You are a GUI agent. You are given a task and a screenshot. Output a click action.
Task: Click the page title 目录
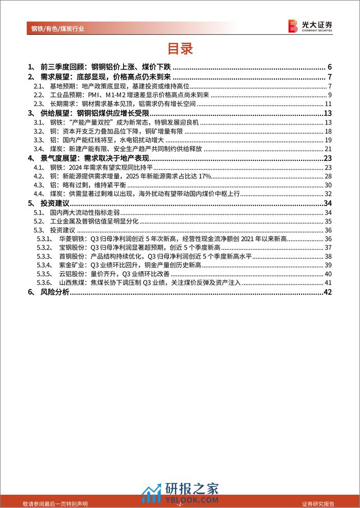[180, 49]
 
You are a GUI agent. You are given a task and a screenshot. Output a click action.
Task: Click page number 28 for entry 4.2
[329, 175]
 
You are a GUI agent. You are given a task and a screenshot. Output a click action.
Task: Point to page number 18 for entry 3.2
[329, 131]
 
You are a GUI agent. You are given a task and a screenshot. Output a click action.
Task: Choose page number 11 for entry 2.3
[329, 104]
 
